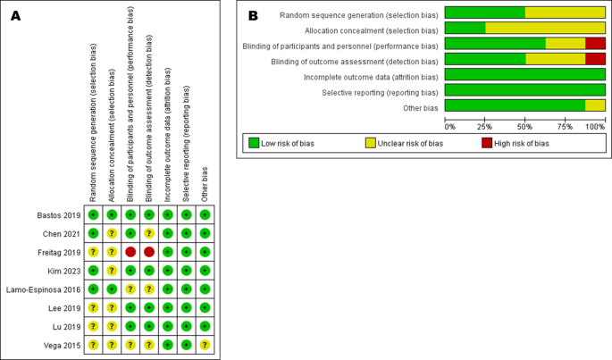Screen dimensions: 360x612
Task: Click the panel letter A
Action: coord(14,17)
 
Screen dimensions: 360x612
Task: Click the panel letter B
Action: coord(253,15)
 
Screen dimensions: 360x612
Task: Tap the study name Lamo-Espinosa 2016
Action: coord(44,289)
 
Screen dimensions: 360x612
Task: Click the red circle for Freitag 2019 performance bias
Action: coord(130,252)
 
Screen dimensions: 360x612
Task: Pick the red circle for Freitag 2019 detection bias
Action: coord(149,252)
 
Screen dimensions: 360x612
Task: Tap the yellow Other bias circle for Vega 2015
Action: coord(205,345)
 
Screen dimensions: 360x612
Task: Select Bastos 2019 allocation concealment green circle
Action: coord(112,215)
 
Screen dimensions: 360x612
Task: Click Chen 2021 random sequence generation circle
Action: coord(93,233)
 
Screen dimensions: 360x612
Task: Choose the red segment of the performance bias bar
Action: coord(595,44)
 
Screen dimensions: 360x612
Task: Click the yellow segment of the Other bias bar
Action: coord(595,106)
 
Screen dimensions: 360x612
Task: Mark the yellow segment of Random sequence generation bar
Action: coord(565,13)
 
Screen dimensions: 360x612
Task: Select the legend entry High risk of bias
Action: coord(517,143)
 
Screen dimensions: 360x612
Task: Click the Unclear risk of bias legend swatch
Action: coord(371,143)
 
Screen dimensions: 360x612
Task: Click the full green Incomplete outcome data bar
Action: coord(524,75)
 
